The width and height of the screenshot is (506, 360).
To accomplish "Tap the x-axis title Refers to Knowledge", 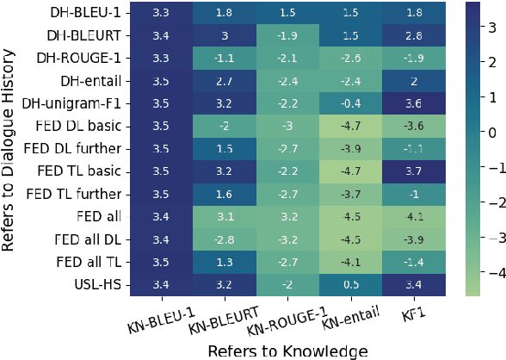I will [x=287, y=350].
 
